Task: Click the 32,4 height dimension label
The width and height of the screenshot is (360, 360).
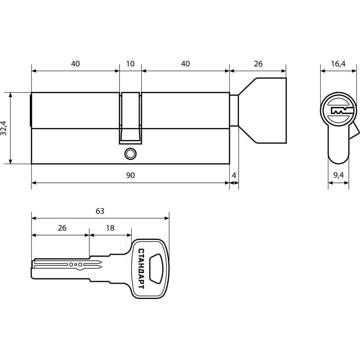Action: (x=4, y=128)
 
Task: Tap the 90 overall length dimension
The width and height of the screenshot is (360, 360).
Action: (x=130, y=175)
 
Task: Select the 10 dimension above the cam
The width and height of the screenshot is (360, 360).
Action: (x=130, y=64)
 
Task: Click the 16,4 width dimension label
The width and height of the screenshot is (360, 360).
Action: (x=338, y=64)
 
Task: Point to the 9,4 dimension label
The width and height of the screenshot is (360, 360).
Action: (x=339, y=175)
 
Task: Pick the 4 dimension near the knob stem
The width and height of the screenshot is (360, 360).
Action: (x=234, y=175)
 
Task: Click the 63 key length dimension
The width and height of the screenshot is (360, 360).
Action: (x=100, y=211)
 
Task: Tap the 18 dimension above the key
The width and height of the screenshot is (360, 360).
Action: (x=110, y=228)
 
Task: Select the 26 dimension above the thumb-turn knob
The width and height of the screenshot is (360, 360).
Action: (x=258, y=64)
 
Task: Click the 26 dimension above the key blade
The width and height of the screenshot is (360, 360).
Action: (x=62, y=228)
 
